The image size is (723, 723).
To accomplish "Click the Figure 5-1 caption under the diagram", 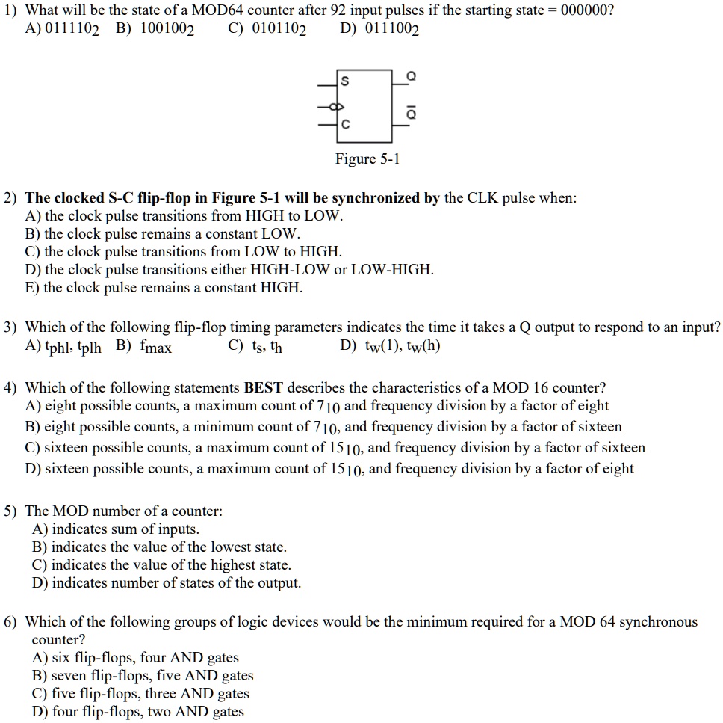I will pos(367,159).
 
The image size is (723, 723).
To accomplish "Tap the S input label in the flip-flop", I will pos(344,80).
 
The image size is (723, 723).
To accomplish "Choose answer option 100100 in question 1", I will pos(155,30).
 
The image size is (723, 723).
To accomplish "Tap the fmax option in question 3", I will pos(144,347).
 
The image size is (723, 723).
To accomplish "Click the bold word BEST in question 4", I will pos(264,388).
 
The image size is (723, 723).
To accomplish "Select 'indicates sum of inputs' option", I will pos(116,529).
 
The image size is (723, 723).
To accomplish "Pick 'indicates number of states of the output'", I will pos(167,583).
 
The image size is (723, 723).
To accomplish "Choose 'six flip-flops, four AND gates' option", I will pos(135,658).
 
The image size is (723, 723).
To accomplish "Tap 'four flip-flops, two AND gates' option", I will pos(138,712).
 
